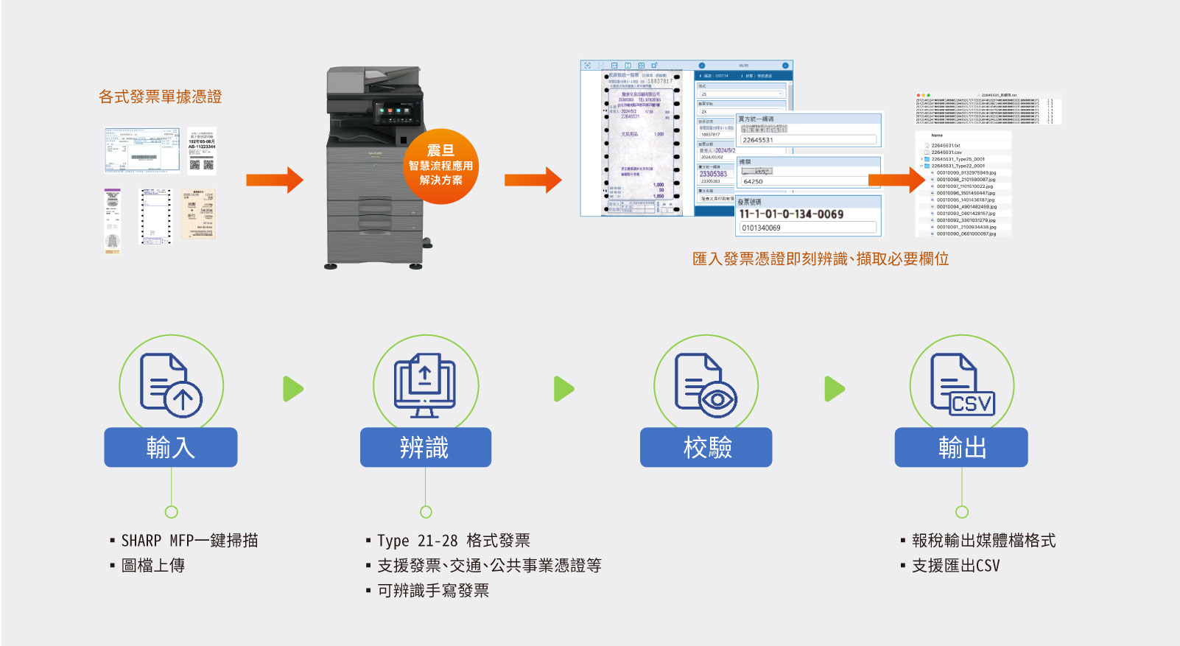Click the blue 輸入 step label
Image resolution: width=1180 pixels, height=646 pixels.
[x=170, y=447]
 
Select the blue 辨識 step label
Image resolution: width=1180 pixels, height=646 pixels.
[x=425, y=447]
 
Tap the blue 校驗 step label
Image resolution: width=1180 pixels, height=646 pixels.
[x=706, y=447]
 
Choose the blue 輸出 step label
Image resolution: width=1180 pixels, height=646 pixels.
[x=960, y=447]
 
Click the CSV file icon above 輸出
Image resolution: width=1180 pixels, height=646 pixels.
[x=962, y=385]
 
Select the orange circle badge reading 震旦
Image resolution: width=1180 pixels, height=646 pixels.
[x=440, y=166]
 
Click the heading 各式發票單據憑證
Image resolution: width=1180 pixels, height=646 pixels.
[x=160, y=96]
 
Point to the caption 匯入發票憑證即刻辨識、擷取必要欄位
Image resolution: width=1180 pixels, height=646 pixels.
[x=820, y=259]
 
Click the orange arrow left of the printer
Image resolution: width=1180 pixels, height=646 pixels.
[x=274, y=180]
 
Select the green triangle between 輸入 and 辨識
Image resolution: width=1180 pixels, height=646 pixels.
[x=293, y=389]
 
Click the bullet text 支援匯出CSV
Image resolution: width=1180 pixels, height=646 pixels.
[x=955, y=566]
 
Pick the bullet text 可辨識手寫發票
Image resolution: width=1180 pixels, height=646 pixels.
[x=432, y=591]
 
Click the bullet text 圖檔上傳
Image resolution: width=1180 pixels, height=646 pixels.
[x=152, y=566]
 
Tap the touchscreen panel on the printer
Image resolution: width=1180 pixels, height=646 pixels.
[x=398, y=112]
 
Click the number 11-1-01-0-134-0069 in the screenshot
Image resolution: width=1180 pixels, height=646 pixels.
[x=791, y=214]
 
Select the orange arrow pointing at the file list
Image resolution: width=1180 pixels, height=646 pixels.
[x=896, y=180]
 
